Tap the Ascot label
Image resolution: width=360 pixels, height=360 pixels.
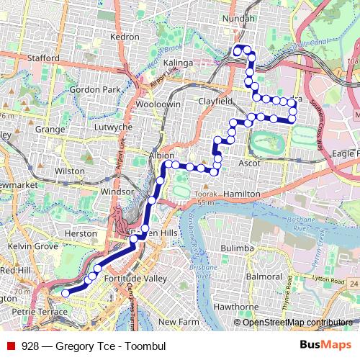(x=258, y=163)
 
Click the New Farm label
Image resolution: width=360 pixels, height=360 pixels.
(x=177, y=321)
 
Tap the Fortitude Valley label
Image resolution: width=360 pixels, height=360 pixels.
(x=135, y=278)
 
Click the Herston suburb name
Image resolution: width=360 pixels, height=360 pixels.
(x=80, y=233)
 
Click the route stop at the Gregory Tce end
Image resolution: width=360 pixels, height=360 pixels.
(x=66, y=293)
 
